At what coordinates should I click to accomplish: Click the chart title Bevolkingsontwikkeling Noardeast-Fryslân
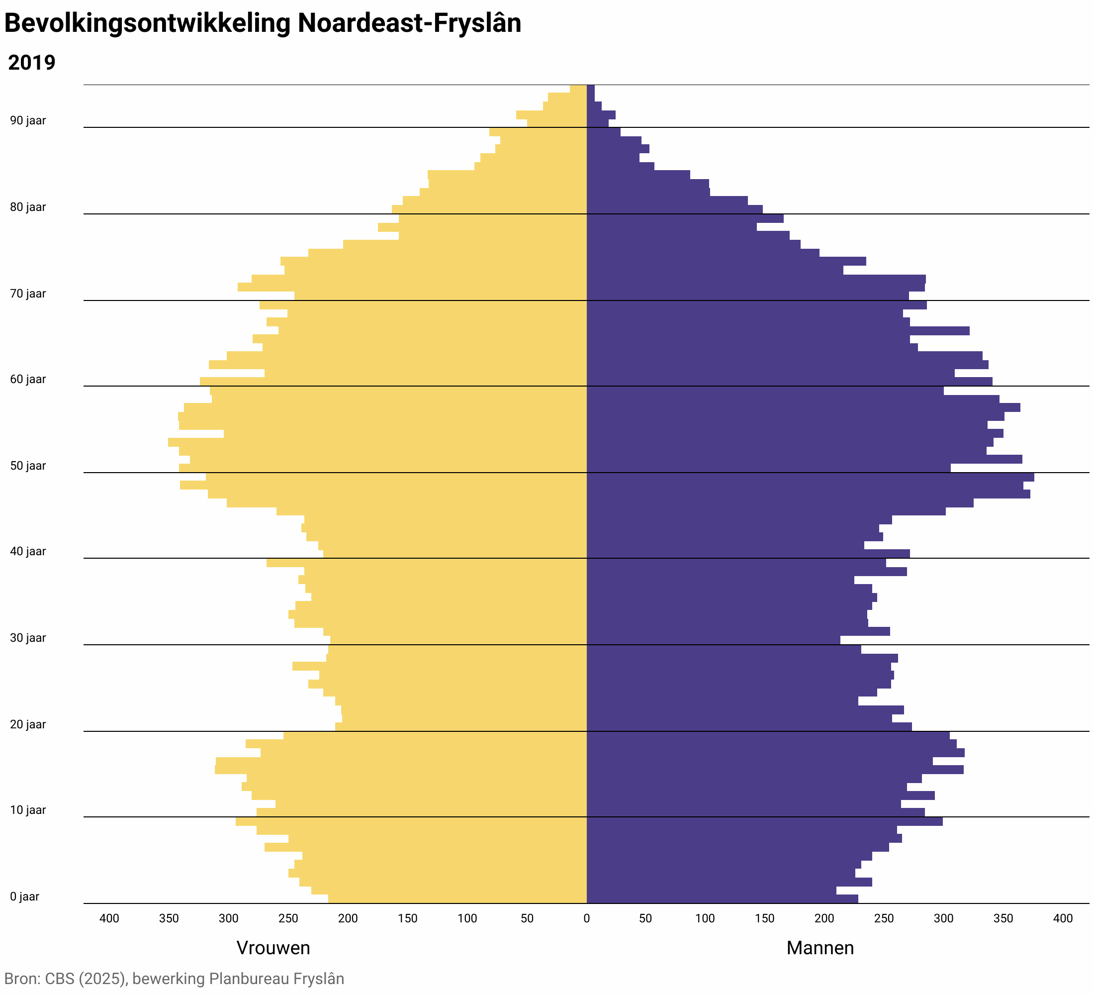click(x=263, y=24)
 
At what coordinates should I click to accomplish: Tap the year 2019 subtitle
click(x=31, y=63)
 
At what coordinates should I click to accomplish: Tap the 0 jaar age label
click(x=24, y=897)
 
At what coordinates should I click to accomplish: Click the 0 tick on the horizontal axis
click(x=586, y=918)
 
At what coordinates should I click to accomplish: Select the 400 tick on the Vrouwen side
click(x=109, y=918)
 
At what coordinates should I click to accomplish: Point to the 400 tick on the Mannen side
click(x=1063, y=918)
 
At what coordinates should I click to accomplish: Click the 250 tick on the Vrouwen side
click(x=288, y=918)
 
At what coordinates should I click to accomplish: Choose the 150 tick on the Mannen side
click(x=765, y=918)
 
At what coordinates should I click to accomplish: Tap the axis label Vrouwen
click(x=273, y=948)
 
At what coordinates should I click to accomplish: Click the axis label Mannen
click(x=820, y=948)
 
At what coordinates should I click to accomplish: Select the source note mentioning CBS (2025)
click(x=174, y=979)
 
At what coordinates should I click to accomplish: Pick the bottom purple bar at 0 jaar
click(x=722, y=899)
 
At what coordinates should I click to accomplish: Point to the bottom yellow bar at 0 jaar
click(x=457, y=899)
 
